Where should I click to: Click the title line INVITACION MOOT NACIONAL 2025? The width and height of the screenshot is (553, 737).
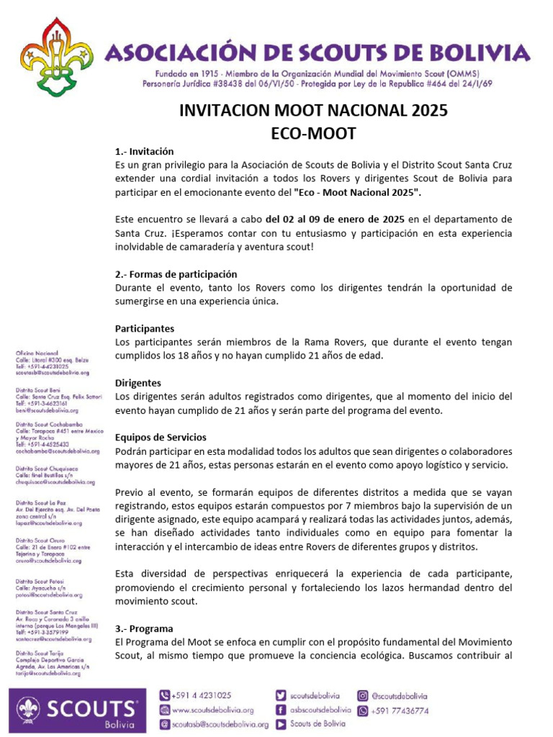pos(313,111)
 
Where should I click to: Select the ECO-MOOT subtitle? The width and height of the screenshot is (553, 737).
pos(313,133)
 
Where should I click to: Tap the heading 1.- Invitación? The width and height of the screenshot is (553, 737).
pos(145,152)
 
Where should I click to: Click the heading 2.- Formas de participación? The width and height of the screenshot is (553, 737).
pos(176,274)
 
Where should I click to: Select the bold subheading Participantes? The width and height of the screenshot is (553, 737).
pos(145,328)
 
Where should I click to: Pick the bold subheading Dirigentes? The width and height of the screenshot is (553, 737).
pos(138,383)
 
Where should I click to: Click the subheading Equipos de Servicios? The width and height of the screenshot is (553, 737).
pos(161,437)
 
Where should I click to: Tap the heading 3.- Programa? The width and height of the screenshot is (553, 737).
pos(144,628)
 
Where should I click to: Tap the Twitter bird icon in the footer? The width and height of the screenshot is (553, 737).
pos(281,695)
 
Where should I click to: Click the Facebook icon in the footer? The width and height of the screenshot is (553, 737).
pos(281,710)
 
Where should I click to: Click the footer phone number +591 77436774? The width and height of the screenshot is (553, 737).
pos(400,710)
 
